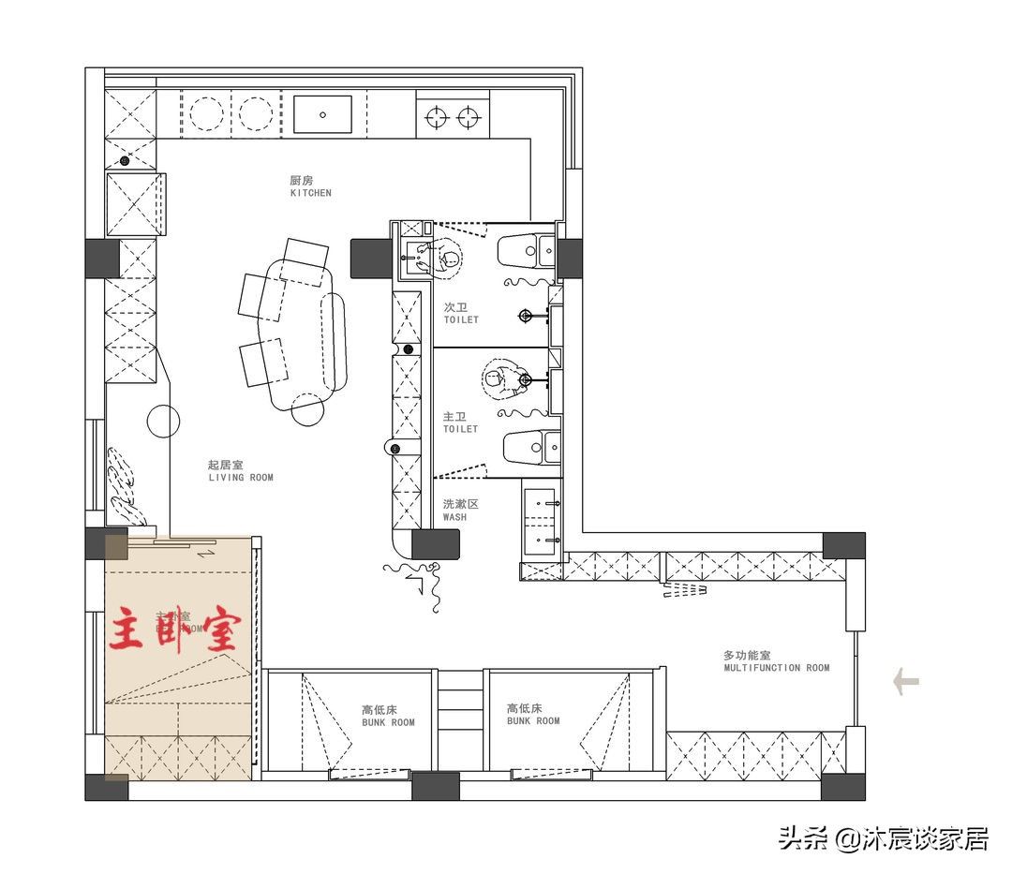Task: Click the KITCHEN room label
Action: pos(310,186)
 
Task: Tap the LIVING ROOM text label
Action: pos(240,471)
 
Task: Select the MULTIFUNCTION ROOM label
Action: pos(776,661)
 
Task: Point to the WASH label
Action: pos(460,510)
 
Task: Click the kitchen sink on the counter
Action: pos(323,114)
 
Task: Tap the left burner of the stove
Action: pos(436,117)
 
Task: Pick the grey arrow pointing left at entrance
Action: pos(905,681)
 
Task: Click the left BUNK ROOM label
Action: pos(388,716)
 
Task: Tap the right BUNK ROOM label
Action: pos(533,715)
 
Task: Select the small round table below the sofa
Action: pos(309,408)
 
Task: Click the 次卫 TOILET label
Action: pos(461,313)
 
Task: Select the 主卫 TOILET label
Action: pos(460,422)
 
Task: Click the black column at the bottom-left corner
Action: pos(107,787)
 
